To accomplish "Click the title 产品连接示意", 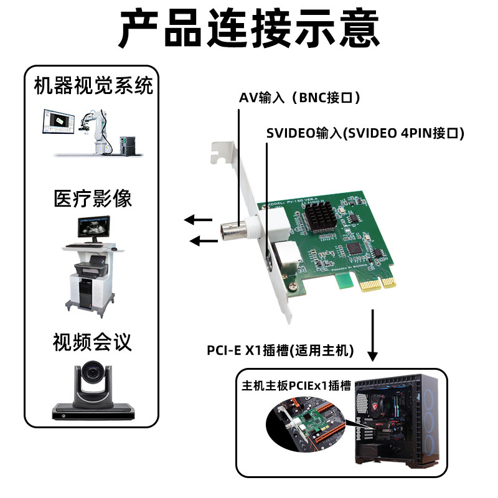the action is [x=249, y=28].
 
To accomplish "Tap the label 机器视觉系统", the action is [x=93, y=85].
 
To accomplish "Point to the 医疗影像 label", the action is [x=93, y=199].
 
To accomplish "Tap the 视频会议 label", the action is [x=93, y=342].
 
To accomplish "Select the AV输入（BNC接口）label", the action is [x=299, y=98].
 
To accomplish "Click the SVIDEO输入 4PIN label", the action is [x=365, y=133].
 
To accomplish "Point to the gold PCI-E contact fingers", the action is [x=372, y=284].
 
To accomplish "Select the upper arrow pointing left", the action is [x=199, y=219].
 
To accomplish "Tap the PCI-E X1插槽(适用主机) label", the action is [x=280, y=350].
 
